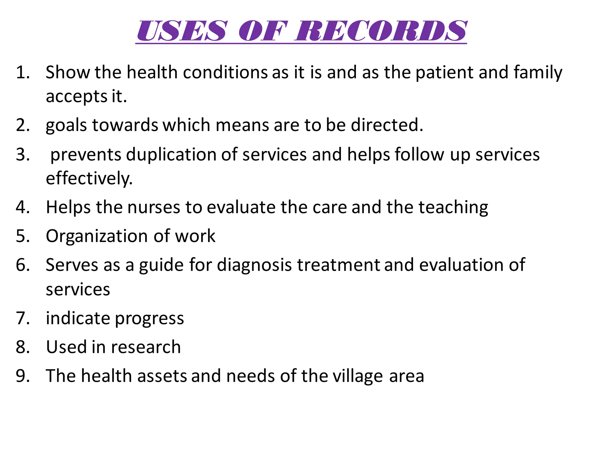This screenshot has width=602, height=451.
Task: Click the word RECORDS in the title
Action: pos(381,31)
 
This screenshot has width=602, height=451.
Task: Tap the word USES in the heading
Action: pos(182,31)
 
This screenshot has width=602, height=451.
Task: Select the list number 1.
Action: pos(23,72)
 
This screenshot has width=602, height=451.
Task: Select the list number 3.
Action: pos(23,154)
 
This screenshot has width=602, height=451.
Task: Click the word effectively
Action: pos(89,179)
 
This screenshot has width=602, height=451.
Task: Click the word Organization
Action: pos(97,237)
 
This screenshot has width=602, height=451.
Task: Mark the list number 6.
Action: pos(23,265)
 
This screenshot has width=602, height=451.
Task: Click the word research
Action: pos(146,347)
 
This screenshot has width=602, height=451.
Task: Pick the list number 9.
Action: pos(23,376)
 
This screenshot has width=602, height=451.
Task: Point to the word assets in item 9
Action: pos(162,376)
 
